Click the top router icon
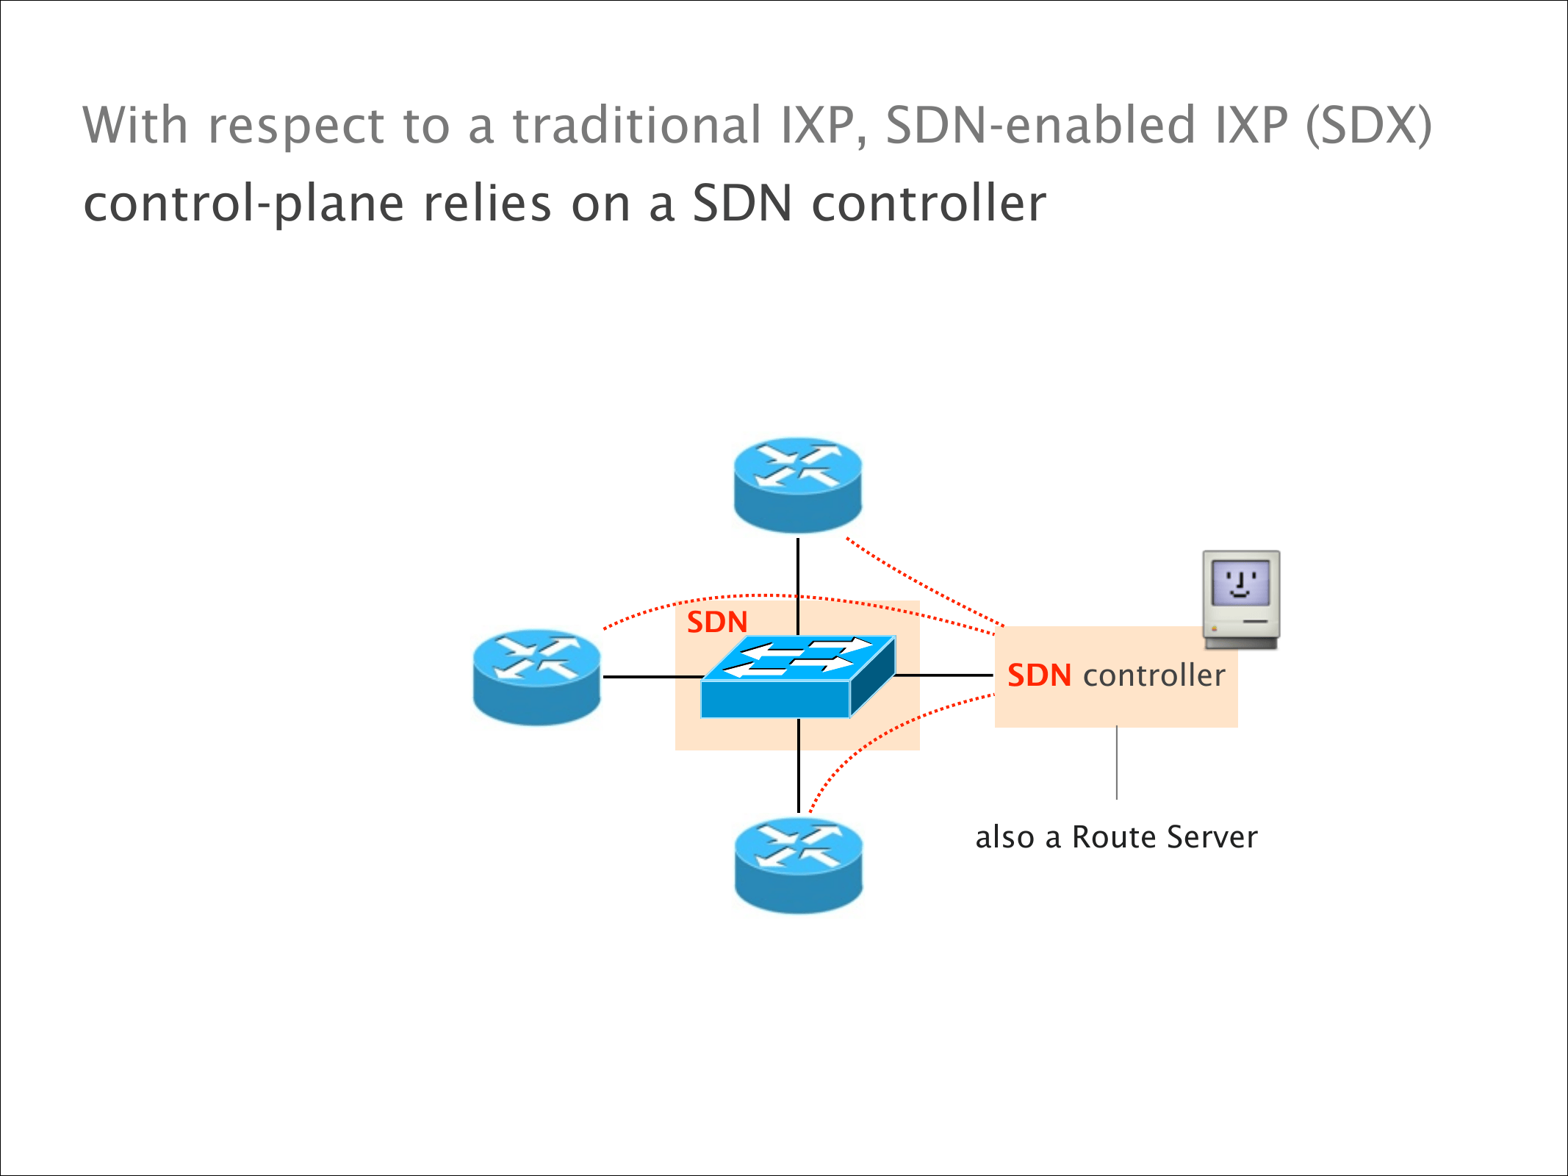pyautogui.click(x=798, y=485)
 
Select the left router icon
pyautogui.click(x=537, y=677)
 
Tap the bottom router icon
pyautogui.click(x=799, y=866)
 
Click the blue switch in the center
pyautogui.click(x=798, y=677)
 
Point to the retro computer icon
pyautogui.click(x=1241, y=600)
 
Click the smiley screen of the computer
pyautogui.click(x=1241, y=583)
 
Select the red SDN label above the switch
pyautogui.click(x=717, y=623)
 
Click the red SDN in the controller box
pyautogui.click(x=1039, y=675)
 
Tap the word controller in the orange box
pyautogui.click(x=1154, y=675)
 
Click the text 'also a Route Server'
pyautogui.click(x=1116, y=837)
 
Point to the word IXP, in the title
pyautogui.click(x=824, y=125)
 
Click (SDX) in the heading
pyautogui.click(x=1369, y=125)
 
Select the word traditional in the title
pyautogui.click(x=636, y=125)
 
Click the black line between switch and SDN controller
pyautogui.click(x=944, y=675)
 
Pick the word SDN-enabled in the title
pyautogui.click(x=1041, y=125)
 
